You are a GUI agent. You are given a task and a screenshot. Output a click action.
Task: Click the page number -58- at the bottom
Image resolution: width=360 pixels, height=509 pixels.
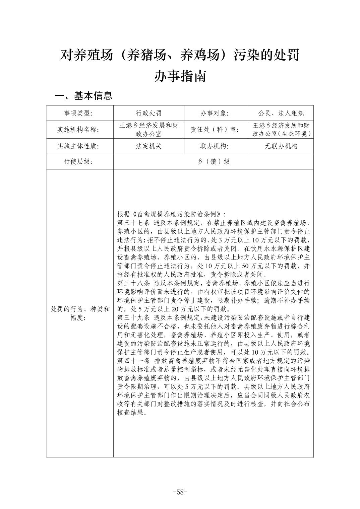point(180,492)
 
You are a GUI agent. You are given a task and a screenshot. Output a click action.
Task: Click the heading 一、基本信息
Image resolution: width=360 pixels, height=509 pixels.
point(83,96)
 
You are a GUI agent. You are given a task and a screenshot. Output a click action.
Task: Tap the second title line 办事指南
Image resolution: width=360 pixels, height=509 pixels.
point(180,76)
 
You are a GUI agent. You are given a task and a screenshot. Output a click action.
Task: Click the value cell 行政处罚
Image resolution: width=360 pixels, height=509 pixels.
point(148,113)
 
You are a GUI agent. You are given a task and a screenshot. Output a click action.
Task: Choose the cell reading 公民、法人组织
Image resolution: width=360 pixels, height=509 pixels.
point(281,113)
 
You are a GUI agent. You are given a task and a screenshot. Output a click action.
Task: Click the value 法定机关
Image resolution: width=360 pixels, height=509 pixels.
point(148,146)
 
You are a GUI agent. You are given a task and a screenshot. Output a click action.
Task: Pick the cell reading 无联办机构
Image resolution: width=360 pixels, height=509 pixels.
point(281,146)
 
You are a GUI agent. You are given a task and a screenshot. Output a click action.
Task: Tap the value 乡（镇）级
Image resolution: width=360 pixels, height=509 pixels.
point(213,161)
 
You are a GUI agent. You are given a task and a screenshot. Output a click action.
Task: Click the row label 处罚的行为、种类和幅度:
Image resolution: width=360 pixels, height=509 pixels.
point(80,313)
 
